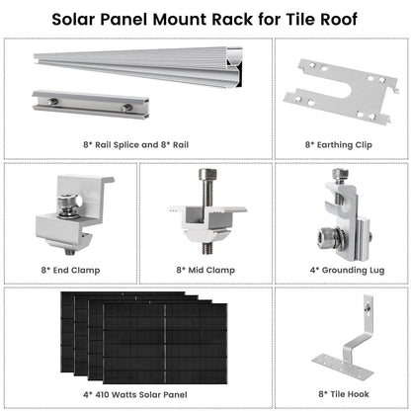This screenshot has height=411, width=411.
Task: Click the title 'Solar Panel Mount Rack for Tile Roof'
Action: pyautogui.click(x=205, y=19)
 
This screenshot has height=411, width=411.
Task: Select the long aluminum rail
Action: pyautogui.click(x=148, y=69)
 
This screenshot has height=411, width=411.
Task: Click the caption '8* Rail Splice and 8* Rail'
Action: pyautogui.click(x=137, y=143)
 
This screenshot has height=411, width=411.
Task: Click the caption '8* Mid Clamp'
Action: pyautogui.click(x=205, y=268)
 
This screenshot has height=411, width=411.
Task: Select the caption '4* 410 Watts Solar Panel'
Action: pyautogui.click(x=137, y=392)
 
